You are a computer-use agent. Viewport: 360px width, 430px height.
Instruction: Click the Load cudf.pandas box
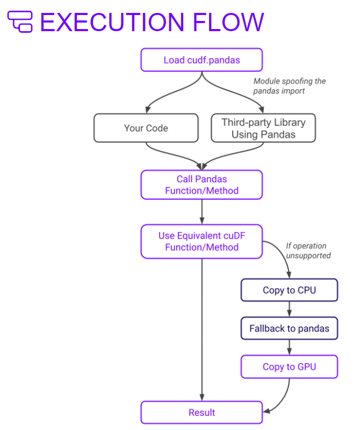tap(201, 60)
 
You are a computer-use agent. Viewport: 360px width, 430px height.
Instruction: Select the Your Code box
tap(146, 128)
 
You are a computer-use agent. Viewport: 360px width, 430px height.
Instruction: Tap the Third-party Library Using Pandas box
tap(263, 128)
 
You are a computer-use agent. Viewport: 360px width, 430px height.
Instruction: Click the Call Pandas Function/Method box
tap(201, 185)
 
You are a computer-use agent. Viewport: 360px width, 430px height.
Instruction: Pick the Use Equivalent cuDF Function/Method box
tap(201, 241)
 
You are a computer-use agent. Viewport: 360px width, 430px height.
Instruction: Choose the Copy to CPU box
tap(289, 290)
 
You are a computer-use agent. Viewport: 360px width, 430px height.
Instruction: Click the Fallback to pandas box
tap(289, 328)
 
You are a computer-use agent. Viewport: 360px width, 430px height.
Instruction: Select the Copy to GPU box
tap(289, 367)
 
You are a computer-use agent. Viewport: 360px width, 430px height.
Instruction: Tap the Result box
tap(201, 413)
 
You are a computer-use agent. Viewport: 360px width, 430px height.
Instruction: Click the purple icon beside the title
tap(20, 22)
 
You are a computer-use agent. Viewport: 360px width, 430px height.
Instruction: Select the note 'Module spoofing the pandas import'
tap(289, 86)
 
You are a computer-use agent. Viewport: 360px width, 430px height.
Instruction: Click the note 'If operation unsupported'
tap(306, 250)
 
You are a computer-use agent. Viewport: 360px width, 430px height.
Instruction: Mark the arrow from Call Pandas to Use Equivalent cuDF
tap(201, 212)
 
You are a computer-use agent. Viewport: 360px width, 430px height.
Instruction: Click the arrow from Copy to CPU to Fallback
tap(289, 309)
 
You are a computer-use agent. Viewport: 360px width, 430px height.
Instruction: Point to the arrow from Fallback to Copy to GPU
tap(289, 348)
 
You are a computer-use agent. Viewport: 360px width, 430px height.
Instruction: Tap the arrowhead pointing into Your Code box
tap(146, 110)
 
